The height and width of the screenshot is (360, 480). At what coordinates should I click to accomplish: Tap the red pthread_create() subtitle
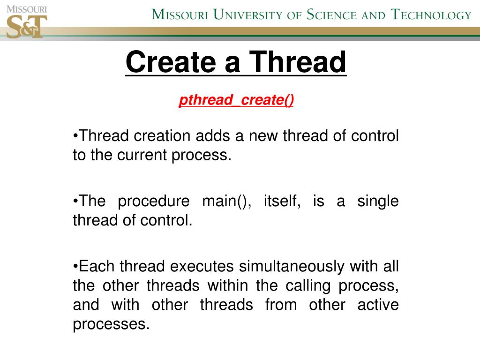(x=236, y=100)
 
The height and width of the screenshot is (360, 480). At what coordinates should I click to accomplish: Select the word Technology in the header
(x=431, y=15)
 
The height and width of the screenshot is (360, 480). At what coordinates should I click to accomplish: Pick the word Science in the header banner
(x=332, y=15)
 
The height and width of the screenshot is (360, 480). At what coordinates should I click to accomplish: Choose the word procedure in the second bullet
(x=153, y=201)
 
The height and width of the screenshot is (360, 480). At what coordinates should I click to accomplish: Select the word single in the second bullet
(x=378, y=201)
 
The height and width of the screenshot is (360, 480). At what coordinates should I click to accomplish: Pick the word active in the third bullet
(x=378, y=305)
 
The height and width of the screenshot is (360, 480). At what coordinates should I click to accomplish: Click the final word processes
(x=111, y=324)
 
